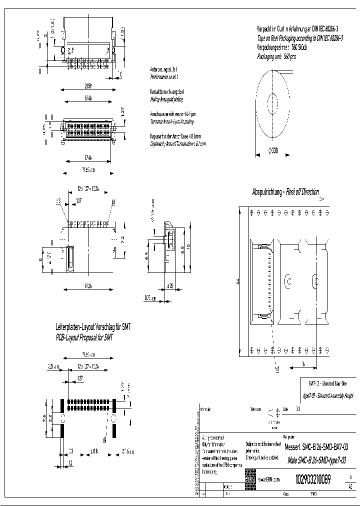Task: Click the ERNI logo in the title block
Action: tap(250, 479)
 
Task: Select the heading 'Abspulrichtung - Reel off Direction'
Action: tap(285, 192)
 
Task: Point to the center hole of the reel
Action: tap(273, 104)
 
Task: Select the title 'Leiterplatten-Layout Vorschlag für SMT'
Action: tap(93, 327)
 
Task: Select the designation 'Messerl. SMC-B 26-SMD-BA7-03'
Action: tap(315, 446)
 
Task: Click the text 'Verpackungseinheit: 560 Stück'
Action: tap(281, 47)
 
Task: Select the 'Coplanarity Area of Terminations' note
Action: tap(178, 143)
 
